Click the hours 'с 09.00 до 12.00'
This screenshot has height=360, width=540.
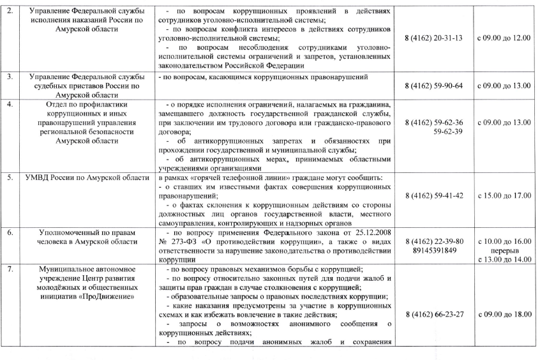(504, 38)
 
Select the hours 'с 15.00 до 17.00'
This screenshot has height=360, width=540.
(504, 196)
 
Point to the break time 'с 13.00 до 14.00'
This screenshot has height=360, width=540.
(504, 260)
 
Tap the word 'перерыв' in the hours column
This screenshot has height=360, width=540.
(504, 251)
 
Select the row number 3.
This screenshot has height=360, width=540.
(9, 77)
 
